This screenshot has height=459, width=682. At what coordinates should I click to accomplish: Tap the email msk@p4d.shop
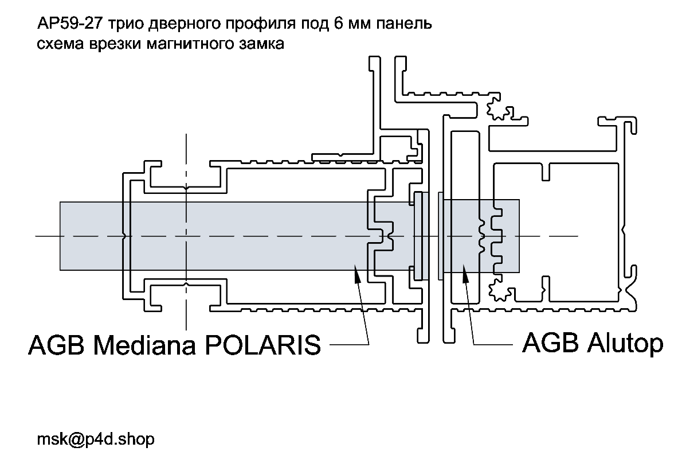coord(96,439)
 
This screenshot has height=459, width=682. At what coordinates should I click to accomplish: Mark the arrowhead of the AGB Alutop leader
coord(463,269)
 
